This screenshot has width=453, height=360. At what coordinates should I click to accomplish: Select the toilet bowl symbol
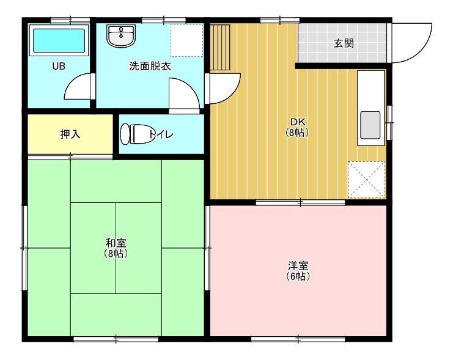point(134,133)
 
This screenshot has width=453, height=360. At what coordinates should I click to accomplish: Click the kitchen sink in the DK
point(370,125)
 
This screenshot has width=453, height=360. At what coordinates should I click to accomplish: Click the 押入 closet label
point(70,134)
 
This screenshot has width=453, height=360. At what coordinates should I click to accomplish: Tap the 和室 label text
point(116,243)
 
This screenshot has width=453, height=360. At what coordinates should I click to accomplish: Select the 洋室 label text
point(298,266)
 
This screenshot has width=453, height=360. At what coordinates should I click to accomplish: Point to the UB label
point(59,66)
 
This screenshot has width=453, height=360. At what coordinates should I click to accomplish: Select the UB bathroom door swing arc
point(78,86)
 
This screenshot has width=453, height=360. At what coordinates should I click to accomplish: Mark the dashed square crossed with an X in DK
point(366,180)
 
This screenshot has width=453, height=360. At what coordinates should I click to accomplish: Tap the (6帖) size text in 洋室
point(298,276)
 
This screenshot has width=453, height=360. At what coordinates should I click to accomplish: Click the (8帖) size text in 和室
point(116,254)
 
